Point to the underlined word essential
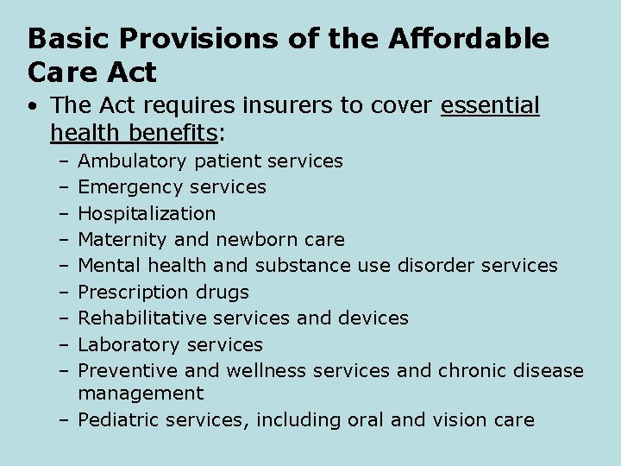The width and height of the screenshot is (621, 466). (490, 106)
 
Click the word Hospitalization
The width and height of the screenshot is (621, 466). (147, 213)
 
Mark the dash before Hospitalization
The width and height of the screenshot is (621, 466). (65, 213)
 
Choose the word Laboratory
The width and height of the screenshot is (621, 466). (126, 344)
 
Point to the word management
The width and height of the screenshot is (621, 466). (141, 394)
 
